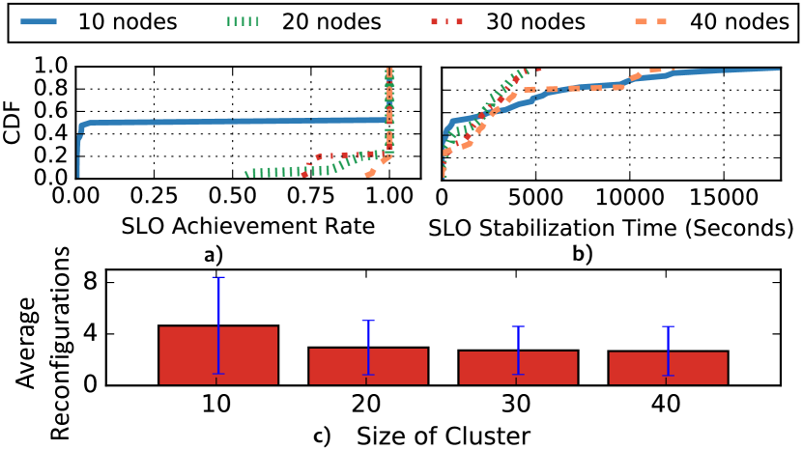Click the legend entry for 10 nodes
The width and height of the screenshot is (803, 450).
97,21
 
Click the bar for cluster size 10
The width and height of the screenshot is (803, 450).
218,354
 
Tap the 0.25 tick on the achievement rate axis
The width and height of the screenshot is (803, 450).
154,196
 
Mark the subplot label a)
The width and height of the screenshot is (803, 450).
213,256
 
